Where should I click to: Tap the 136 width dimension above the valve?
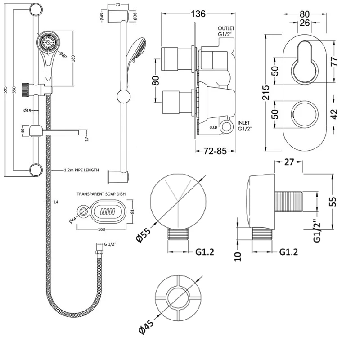195,14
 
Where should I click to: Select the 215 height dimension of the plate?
266,93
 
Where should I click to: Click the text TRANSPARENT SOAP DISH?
101,193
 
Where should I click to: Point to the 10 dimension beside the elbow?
238,256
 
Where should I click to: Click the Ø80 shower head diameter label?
63,56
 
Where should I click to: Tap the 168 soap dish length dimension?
103,229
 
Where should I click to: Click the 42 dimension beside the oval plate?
333,114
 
